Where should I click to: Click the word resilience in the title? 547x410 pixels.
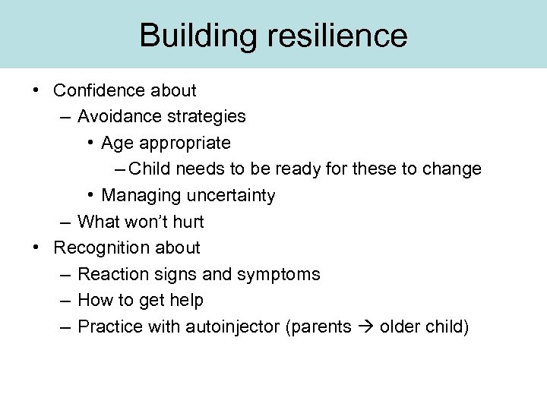tap(334, 36)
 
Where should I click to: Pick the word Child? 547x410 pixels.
tap(150, 169)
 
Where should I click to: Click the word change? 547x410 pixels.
tap(454, 169)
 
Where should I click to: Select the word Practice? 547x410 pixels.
tap(109, 326)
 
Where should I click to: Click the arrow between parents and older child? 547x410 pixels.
tap(367, 327)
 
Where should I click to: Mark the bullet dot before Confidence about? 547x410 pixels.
tap(36, 90)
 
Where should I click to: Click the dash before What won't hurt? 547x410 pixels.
tap(65, 222)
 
